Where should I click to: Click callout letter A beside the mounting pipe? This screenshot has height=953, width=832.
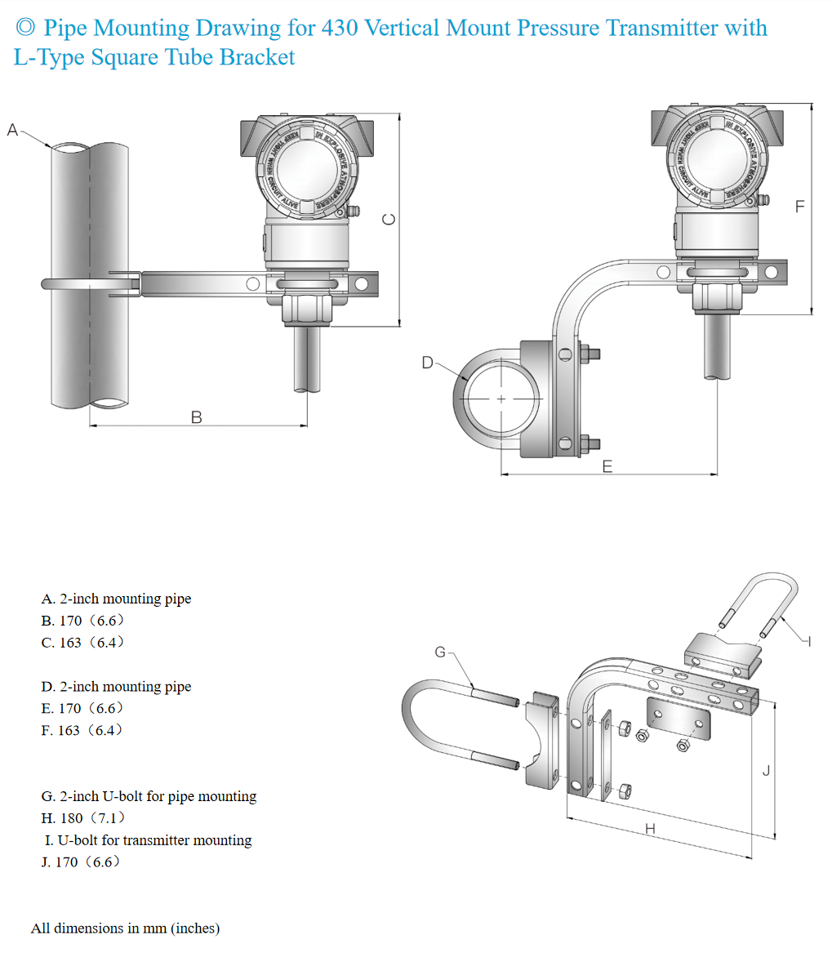click(x=12, y=129)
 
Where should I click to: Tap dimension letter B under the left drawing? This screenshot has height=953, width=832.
click(x=196, y=416)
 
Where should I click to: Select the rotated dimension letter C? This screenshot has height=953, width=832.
click(x=389, y=220)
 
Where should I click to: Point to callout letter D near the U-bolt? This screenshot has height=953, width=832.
click(x=428, y=363)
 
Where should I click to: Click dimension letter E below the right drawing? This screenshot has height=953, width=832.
click(x=607, y=466)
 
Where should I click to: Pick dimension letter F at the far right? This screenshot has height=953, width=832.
click(x=800, y=207)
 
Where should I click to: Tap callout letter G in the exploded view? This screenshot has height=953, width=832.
click(x=441, y=652)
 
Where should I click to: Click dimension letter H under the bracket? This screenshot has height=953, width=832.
click(x=650, y=829)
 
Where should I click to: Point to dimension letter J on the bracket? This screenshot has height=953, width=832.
click(x=765, y=770)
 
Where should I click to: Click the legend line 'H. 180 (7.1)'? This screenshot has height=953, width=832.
click(x=83, y=817)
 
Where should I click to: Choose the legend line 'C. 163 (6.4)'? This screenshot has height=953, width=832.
click(x=83, y=643)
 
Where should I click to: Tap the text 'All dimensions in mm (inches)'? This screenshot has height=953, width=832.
click(x=126, y=928)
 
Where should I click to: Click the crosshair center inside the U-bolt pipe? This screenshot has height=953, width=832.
click(x=501, y=399)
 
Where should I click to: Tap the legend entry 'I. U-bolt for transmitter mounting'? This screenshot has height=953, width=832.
click(x=149, y=839)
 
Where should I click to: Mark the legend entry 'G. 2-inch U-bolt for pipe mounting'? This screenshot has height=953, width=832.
click(x=149, y=795)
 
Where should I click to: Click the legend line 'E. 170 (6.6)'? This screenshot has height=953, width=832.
click(x=83, y=708)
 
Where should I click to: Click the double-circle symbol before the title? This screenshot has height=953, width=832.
click(x=25, y=29)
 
